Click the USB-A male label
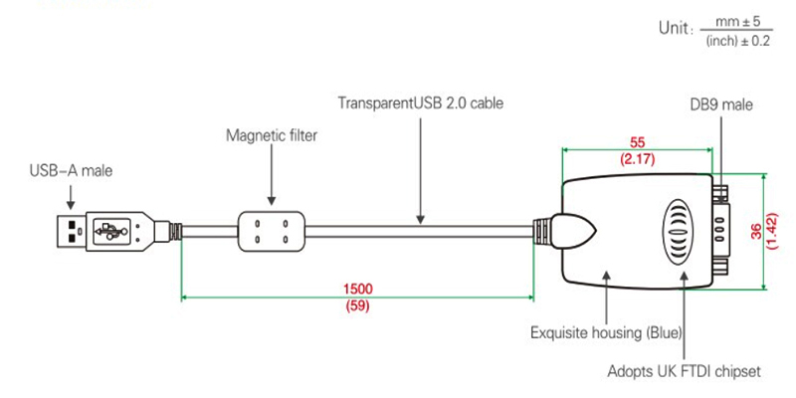pos(71,171)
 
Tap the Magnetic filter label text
pos(272,135)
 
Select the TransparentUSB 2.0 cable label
pos(421,103)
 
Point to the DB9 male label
pos(721,104)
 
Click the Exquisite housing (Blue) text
pos(606,333)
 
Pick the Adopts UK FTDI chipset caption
pos(684,371)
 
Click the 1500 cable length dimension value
pos(357,289)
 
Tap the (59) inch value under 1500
pos(357,305)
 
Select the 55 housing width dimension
pos(637,142)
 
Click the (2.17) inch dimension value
pos(637,159)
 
